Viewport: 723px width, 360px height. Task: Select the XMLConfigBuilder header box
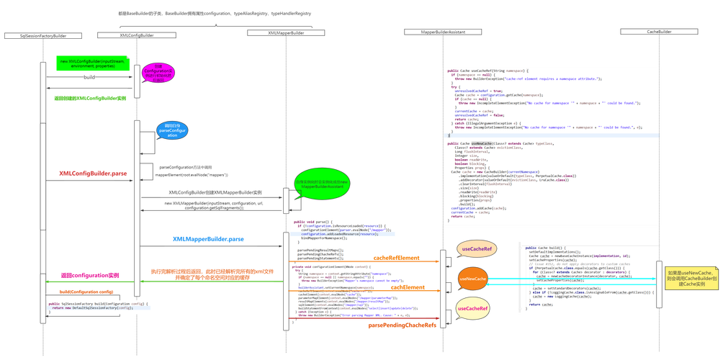(136, 35)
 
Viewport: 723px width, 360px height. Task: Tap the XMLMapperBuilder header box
(285, 33)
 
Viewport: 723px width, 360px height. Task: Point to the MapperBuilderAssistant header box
(446, 32)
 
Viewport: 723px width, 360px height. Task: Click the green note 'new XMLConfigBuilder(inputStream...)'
(93, 65)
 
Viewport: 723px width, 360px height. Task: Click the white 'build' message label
(90, 77)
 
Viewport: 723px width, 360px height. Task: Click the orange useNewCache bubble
(472, 279)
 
